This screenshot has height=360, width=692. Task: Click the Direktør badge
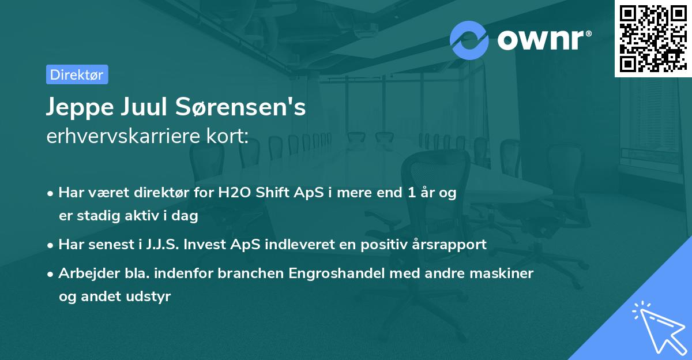[77, 74]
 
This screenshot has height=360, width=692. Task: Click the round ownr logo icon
[469, 40]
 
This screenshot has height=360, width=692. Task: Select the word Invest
[212, 244]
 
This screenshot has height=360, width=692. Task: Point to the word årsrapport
[450, 244]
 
